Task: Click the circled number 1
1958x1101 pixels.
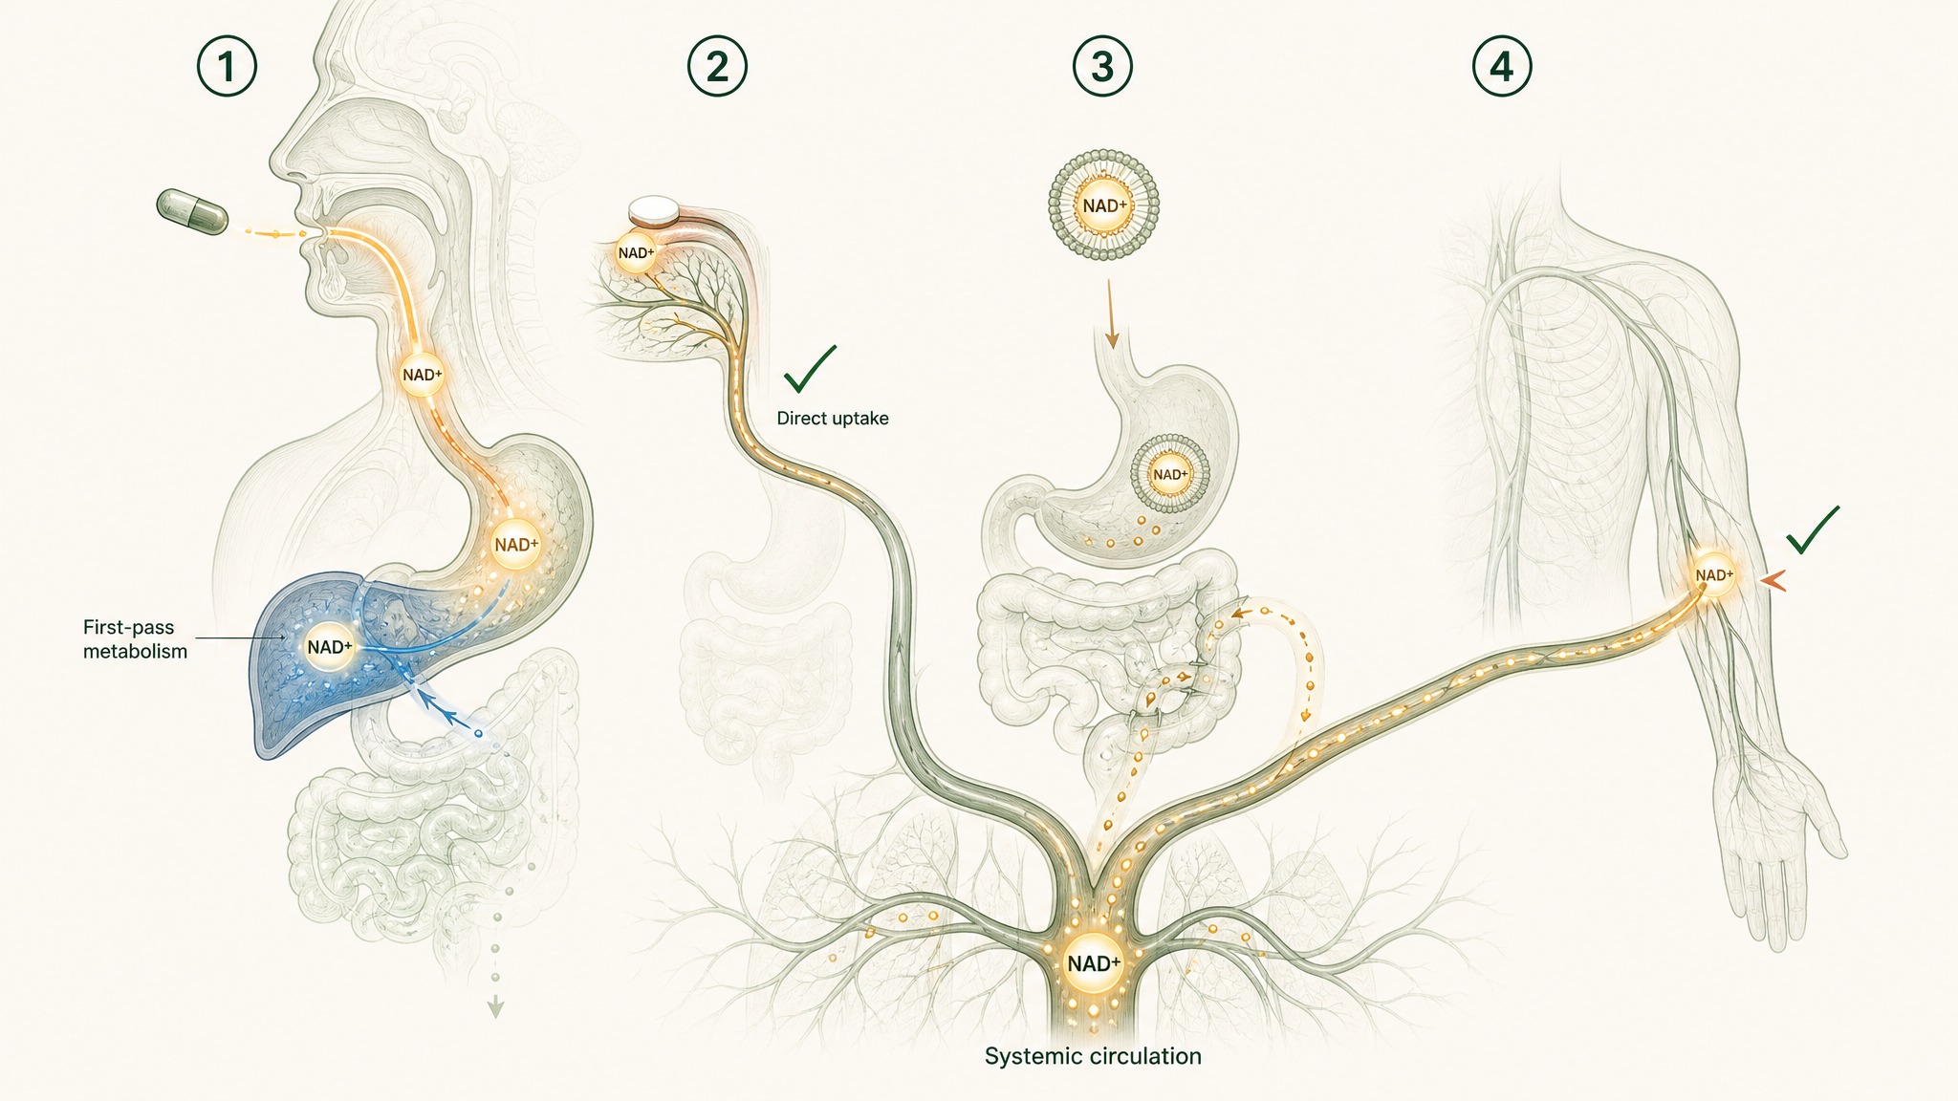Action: click(227, 67)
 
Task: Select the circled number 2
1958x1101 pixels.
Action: click(717, 67)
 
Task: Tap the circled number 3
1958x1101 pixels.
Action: click(1102, 67)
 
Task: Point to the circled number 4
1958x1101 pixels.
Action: click(1502, 67)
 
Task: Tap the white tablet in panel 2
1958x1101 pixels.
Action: click(654, 209)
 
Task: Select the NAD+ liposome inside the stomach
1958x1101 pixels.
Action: click(1170, 475)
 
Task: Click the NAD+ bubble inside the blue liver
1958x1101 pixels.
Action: click(330, 647)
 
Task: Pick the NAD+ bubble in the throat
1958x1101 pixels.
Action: click(422, 375)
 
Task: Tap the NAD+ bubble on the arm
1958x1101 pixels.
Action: click(1713, 575)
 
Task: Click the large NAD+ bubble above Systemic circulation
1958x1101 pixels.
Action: click(1094, 963)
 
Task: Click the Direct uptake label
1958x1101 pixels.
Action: click(833, 419)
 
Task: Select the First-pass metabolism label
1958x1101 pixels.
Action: click(135, 639)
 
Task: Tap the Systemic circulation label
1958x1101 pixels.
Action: click(1093, 1056)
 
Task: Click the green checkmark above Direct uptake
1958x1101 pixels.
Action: click(809, 370)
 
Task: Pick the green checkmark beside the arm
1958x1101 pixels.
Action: click(1813, 531)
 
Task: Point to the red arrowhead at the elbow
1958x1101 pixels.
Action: click(1774, 578)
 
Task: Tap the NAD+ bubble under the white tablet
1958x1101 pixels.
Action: click(636, 253)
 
